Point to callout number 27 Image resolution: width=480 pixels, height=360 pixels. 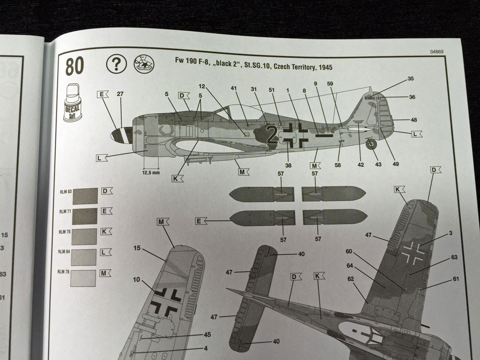point(120,94)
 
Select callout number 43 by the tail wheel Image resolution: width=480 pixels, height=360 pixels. point(378,165)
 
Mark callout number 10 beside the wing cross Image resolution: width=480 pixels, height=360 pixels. point(137,279)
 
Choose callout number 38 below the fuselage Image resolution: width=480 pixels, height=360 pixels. point(288,165)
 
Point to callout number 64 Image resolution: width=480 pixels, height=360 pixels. point(349,265)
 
